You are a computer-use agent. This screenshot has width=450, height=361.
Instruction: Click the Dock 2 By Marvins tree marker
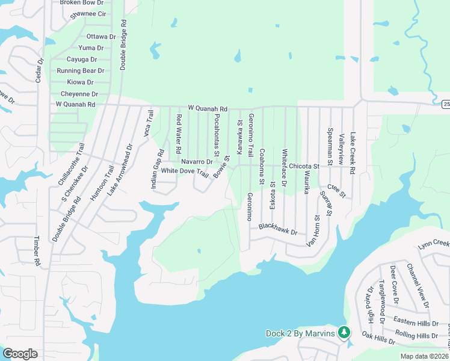coord(344,332)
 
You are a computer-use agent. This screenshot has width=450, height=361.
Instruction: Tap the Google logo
coord(20,354)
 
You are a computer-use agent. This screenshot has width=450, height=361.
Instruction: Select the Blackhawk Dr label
coord(278,229)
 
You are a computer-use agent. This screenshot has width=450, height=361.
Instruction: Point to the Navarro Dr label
coord(197,162)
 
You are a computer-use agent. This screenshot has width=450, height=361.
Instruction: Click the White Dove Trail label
coord(184,171)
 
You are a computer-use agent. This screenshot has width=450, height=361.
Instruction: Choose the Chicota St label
coord(303,166)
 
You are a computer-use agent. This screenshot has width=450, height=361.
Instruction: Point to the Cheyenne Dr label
coord(79,94)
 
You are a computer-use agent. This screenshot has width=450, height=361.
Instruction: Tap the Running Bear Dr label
coord(81,71)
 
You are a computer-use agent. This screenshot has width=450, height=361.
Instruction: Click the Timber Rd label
coord(37,251)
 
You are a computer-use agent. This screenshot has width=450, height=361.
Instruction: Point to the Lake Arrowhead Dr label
coord(120,170)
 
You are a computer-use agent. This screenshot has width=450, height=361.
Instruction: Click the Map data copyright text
coord(424,356)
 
